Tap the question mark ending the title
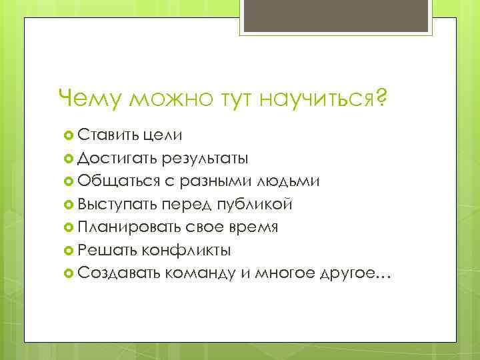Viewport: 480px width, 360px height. [x=381, y=100]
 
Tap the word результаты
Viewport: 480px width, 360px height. [x=206, y=159]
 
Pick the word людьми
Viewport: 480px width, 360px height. [x=293, y=181]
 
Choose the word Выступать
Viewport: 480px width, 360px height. [x=117, y=205]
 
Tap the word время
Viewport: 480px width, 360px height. [x=254, y=227]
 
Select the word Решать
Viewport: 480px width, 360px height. [x=107, y=250]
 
